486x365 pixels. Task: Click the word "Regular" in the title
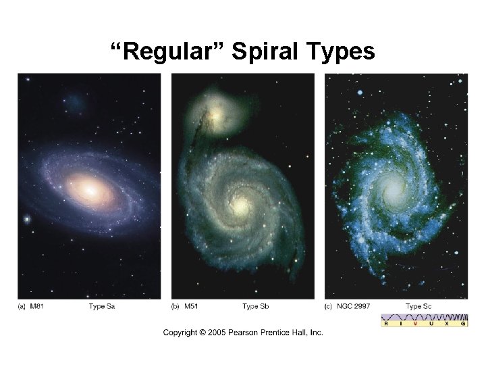click(x=169, y=52)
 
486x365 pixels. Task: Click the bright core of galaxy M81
click(x=90, y=189)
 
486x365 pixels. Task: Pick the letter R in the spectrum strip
click(x=386, y=324)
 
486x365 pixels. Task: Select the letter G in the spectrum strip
click(x=463, y=324)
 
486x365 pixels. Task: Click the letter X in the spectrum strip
click(x=448, y=324)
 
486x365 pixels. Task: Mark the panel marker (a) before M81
click(x=22, y=307)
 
